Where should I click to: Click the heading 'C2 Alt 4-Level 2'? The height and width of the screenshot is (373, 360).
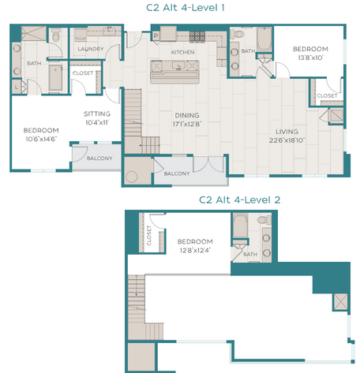tap(239, 200)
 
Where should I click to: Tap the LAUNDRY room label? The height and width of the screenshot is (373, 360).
tap(91, 49)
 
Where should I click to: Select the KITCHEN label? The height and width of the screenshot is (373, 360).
tap(183, 52)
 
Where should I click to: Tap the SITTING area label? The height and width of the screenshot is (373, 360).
tap(97, 114)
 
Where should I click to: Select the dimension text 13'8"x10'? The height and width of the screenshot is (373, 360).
tap(310, 58)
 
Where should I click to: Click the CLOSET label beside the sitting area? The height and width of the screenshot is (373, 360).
tap(83, 73)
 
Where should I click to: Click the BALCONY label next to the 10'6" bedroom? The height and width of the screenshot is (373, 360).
tap(99, 159)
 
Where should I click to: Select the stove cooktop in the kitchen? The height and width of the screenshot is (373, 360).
tap(196, 35)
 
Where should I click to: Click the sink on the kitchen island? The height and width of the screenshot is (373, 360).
tap(180, 69)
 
